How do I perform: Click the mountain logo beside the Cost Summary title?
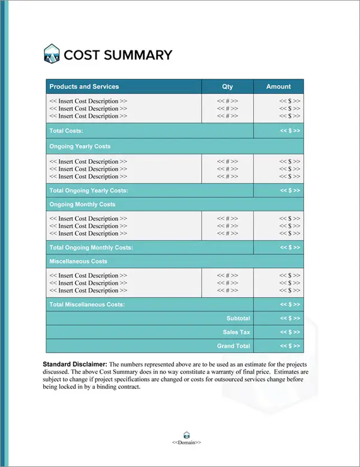click(52, 55)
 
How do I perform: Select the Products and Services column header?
click(84, 86)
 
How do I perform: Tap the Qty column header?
click(227, 86)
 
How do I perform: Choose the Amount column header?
click(278, 86)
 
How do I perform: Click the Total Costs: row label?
click(66, 131)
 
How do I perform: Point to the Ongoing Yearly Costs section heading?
click(80, 146)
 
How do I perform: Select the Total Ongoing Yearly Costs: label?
click(89, 190)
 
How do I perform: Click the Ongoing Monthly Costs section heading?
click(82, 205)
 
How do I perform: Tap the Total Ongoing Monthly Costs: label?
click(91, 247)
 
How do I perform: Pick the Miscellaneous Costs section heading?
click(79, 262)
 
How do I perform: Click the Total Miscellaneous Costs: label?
click(87, 304)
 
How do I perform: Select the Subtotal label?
click(238, 318)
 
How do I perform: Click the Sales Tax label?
click(236, 332)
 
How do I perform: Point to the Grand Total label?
click(233, 346)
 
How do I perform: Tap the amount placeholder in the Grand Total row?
click(290, 346)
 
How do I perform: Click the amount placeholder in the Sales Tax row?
click(290, 332)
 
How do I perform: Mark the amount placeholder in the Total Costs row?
click(290, 131)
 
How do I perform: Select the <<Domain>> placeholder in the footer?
click(186, 442)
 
